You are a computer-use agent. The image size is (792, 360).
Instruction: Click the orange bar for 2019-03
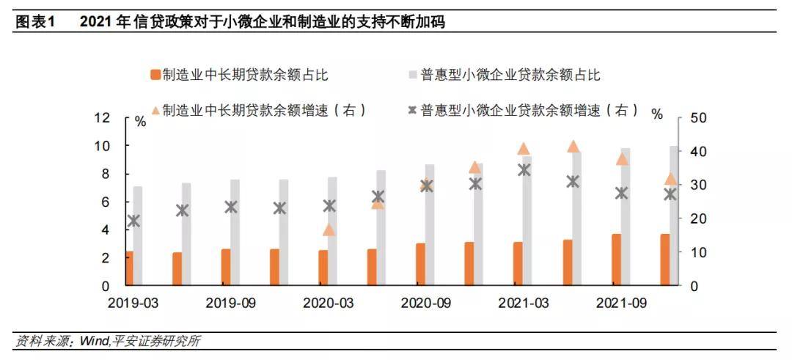coord(130,268)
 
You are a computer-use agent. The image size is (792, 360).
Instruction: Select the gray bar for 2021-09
coord(626,216)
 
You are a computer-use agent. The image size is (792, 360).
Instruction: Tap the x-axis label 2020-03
coord(328,302)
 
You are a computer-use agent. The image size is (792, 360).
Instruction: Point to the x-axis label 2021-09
coord(621,302)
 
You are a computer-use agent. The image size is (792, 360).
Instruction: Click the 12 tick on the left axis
coord(102,117)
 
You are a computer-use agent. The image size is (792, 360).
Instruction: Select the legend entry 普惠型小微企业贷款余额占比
coord(506,75)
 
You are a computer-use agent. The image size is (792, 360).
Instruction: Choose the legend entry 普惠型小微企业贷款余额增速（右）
coord(524,111)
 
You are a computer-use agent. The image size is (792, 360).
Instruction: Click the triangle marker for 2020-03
coord(329,229)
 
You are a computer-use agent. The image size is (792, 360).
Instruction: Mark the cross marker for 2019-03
coord(133,221)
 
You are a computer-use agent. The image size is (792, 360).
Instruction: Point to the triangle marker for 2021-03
coord(523,149)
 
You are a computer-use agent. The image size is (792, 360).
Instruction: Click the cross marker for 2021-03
coord(524,170)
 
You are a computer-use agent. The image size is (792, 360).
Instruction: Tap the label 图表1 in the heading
coord(35,22)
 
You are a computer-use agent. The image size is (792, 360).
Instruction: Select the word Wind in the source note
coord(93,341)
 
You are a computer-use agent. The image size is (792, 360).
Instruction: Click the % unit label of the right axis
coord(657,114)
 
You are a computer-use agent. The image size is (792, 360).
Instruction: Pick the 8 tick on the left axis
coord(105,174)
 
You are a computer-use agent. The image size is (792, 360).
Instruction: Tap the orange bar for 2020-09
coord(420,264)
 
